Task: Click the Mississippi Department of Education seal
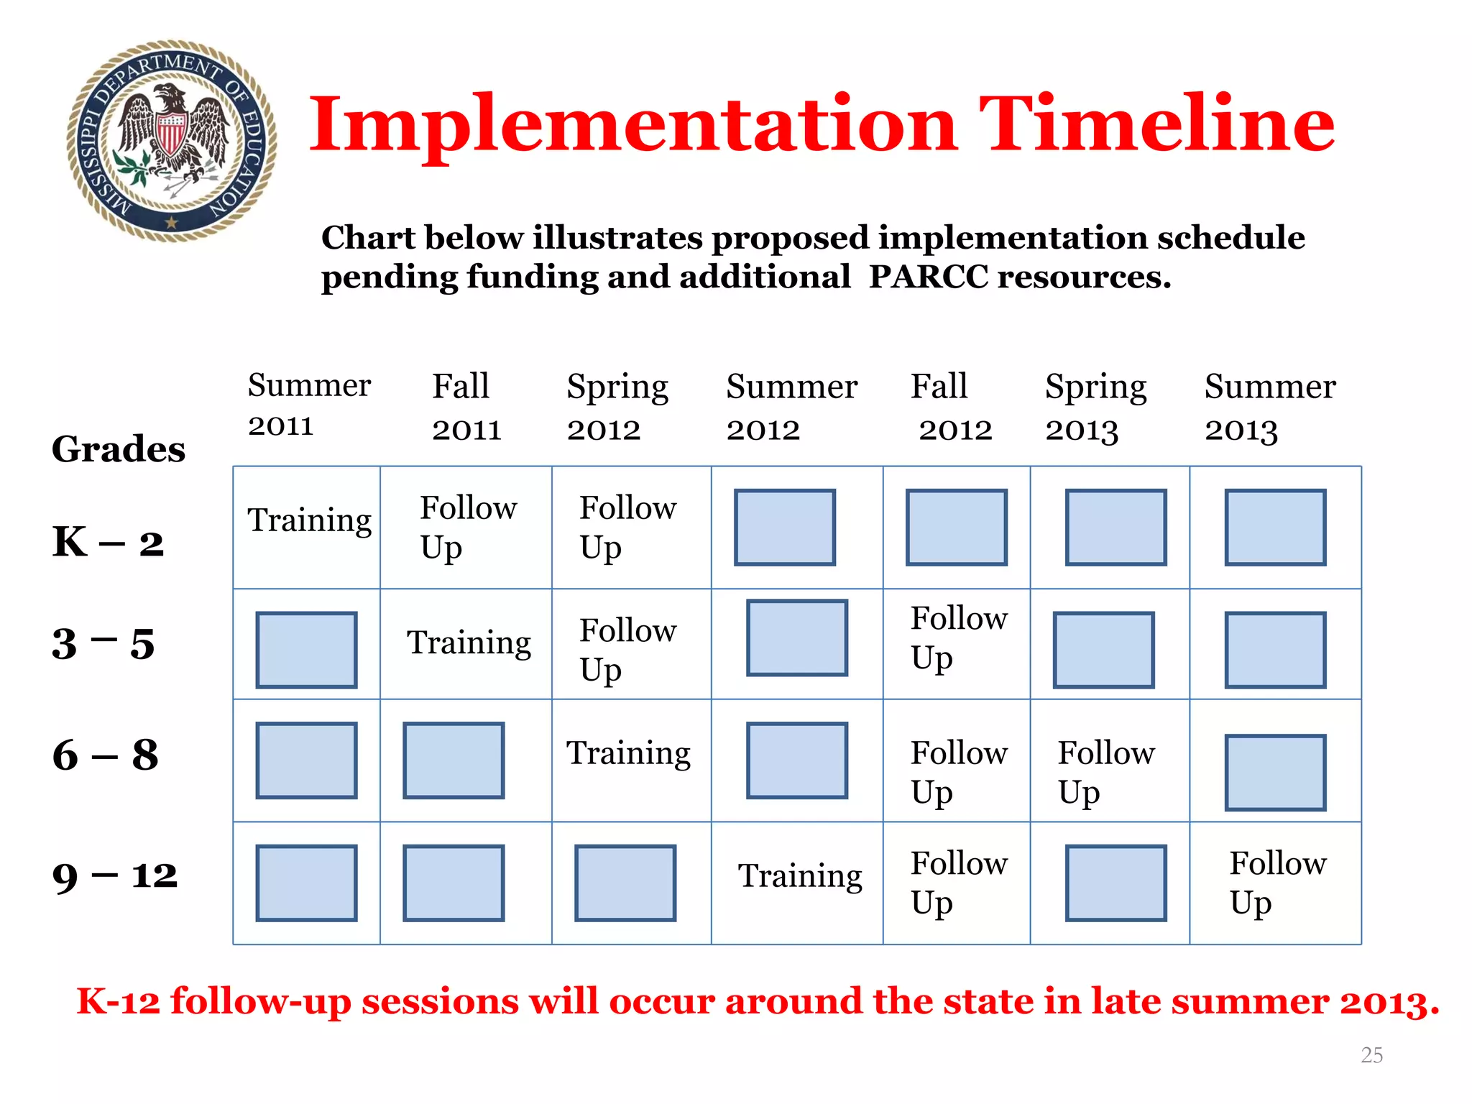coord(171,141)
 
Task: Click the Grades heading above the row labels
coord(119,449)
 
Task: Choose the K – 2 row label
coord(108,542)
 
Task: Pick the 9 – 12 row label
coord(114,876)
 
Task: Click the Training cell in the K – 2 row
coord(309,520)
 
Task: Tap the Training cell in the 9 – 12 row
coord(799,876)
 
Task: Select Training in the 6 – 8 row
coord(627,753)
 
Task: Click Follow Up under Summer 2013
coord(1276,883)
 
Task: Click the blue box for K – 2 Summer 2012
coord(784,528)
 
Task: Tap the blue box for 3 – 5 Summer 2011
coord(306,650)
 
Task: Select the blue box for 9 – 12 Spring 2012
coord(625,883)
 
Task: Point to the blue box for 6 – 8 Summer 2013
coord(1275,773)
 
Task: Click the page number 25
coord(1371,1055)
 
